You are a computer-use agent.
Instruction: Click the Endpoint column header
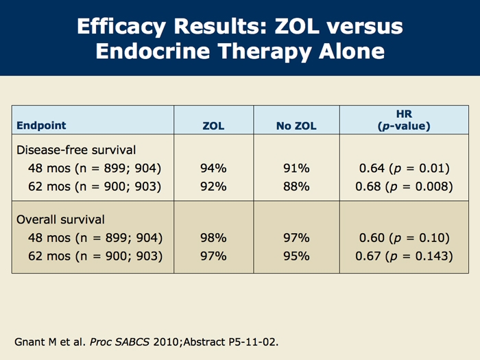41,126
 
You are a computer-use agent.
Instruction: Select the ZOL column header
214,126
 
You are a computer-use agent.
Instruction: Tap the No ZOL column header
296,126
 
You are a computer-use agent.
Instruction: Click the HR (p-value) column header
404,119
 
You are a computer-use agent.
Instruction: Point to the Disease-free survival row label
75,149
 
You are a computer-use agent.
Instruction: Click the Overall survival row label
60,220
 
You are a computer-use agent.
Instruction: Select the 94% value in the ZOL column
213,168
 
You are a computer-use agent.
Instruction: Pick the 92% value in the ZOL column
213,187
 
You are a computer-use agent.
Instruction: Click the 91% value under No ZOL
296,168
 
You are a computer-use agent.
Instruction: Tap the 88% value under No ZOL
296,187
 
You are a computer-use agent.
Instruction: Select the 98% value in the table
213,239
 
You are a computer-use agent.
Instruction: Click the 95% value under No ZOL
296,257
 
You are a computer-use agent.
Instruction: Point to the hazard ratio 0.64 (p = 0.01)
404,168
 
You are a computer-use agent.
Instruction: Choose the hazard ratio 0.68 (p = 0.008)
404,187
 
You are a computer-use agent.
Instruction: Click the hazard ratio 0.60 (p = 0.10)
404,239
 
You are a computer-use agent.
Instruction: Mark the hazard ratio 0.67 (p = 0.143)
404,257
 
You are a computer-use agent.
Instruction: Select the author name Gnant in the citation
29,341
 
